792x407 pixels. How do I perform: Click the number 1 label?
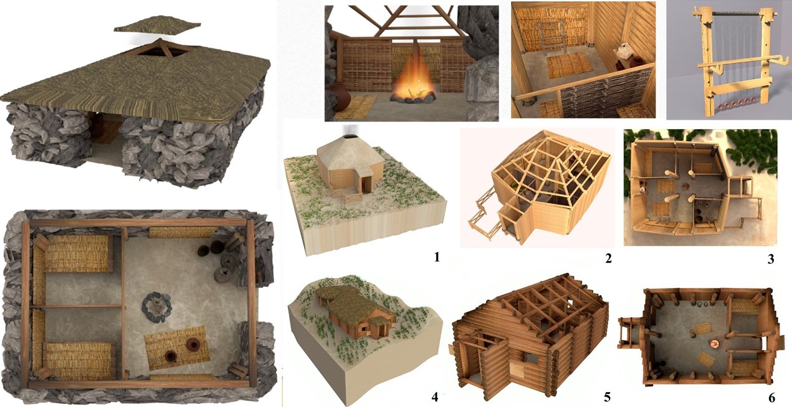click(x=437, y=257)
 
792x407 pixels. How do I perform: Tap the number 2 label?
click(x=609, y=259)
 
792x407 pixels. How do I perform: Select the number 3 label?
click(x=771, y=259)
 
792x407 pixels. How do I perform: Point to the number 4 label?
click(x=435, y=397)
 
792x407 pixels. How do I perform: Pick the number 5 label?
click(x=607, y=397)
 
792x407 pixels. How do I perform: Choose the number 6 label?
click(x=772, y=398)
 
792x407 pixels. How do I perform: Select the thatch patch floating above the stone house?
click(x=158, y=24)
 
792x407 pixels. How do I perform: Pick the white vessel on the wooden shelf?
click(x=625, y=51)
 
